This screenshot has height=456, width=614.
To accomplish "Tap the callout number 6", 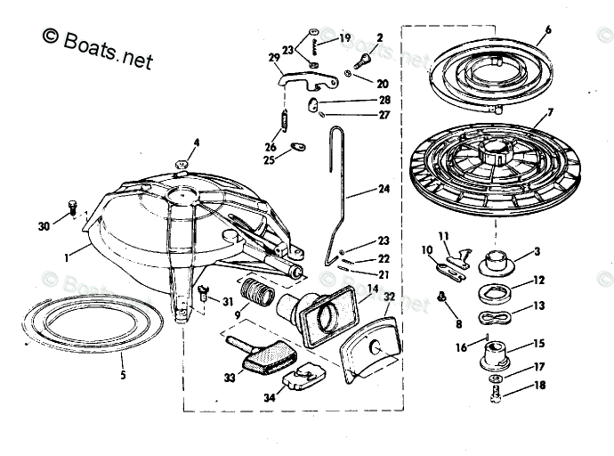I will click(x=548, y=30).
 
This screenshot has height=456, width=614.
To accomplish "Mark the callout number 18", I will click(x=540, y=386).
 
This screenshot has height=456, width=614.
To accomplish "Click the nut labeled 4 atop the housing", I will click(x=182, y=163).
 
